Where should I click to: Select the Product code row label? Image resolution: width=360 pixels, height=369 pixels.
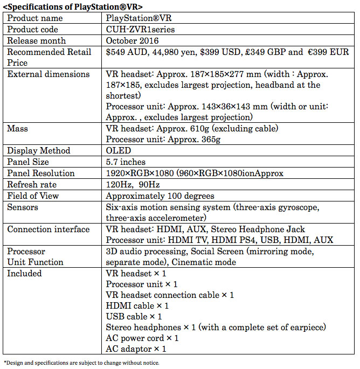click(33, 29)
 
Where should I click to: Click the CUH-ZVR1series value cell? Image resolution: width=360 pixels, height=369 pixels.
click(140, 29)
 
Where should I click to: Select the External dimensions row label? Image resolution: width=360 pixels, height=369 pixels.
click(49, 74)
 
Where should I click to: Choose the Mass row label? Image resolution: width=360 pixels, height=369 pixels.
click(17, 129)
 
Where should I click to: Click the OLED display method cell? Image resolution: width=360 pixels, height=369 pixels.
click(119, 151)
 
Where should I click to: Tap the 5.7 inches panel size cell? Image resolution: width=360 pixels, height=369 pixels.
click(126, 162)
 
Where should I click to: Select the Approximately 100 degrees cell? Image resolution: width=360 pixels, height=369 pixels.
click(160, 196)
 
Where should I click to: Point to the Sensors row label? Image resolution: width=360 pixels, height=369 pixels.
click(24, 207)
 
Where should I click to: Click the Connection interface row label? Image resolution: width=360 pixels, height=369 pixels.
click(49, 229)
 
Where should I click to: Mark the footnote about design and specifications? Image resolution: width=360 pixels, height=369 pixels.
click(82, 363)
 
